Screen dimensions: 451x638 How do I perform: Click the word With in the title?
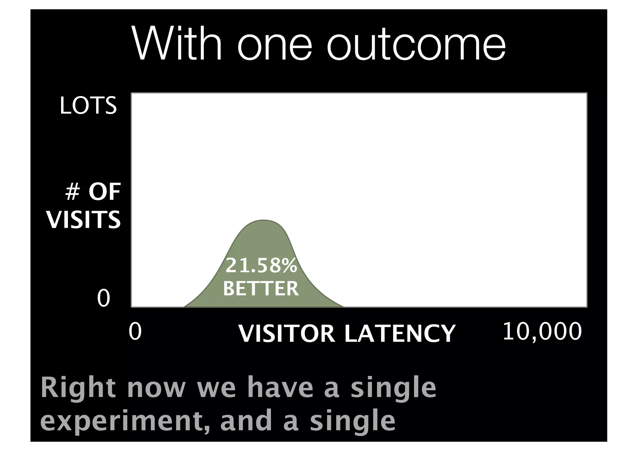click(x=177, y=45)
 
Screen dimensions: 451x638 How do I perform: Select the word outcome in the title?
click(x=416, y=47)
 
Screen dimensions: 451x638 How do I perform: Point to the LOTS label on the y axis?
click(x=88, y=106)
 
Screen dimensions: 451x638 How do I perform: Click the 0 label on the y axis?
click(x=103, y=298)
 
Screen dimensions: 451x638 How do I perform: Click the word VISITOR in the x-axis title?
click(x=286, y=333)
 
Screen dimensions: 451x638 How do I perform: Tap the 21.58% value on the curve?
click(x=261, y=266)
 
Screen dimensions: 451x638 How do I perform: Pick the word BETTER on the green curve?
click(x=261, y=288)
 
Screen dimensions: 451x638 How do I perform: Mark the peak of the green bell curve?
click(x=263, y=221)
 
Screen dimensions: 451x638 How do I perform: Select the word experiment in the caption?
click(x=125, y=421)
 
